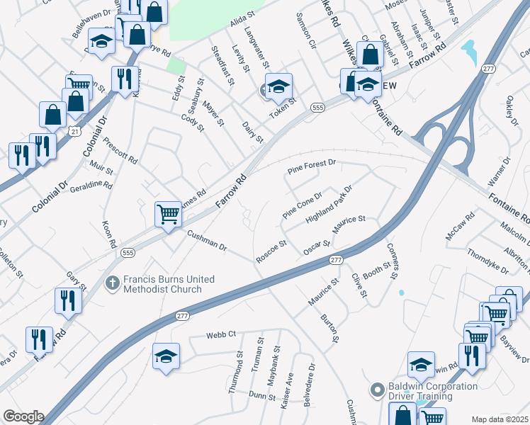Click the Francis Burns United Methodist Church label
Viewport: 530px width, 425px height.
[x=168, y=284]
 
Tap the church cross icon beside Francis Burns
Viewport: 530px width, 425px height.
[x=112, y=283]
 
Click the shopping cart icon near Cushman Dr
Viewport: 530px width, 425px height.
[x=168, y=212]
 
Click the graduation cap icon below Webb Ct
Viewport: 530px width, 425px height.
[x=166, y=356]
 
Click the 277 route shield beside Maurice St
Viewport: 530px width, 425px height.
[x=337, y=261]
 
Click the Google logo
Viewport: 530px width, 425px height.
[x=23, y=416]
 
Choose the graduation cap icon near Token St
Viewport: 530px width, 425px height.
[x=278, y=86]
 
